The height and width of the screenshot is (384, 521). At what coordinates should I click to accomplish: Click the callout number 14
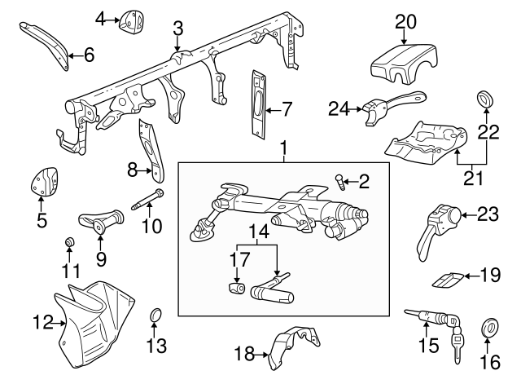click(x=258, y=232)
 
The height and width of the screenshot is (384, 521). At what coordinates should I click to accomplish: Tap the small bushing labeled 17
click(x=238, y=289)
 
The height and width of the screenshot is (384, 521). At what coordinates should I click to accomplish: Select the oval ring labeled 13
click(x=155, y=316)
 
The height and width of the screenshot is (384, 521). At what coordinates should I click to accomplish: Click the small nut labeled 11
click(x=69, y=242)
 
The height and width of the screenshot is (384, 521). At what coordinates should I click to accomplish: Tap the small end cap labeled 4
click(x=129, y=22)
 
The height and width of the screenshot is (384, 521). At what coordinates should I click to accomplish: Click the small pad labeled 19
click(x=449, y=278)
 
